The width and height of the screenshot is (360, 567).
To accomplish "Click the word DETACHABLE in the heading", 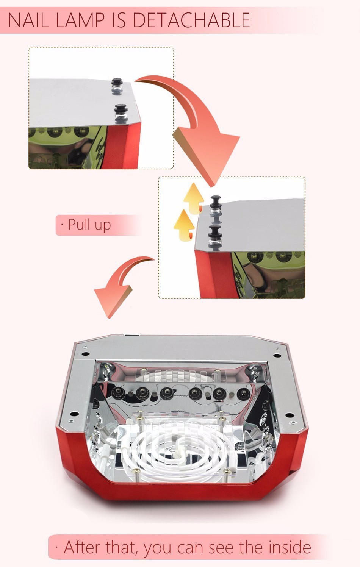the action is pos(191,20).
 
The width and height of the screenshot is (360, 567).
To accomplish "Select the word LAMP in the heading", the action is pos(80,20).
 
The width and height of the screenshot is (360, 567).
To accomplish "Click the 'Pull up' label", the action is pos(89,225).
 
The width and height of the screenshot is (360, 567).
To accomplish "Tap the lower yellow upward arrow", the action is pos(184,226).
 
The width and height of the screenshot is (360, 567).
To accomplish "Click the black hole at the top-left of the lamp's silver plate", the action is pos(86,354).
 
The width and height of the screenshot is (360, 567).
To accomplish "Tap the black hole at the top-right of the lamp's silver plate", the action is pos(278,356).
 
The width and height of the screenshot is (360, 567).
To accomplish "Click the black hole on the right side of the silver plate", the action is pos(290,415).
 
